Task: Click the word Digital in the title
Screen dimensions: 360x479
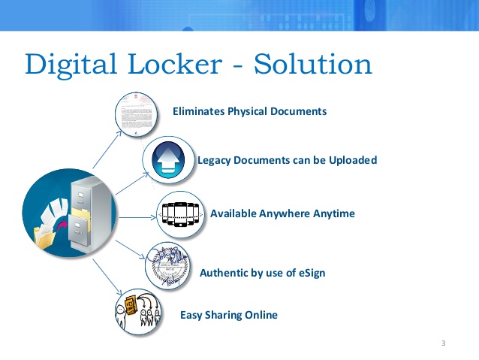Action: coord(70,65)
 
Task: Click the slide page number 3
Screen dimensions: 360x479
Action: coord(444,343)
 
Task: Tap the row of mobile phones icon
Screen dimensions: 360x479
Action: coord(180,213)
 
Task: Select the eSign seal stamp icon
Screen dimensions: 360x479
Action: coord(167,266)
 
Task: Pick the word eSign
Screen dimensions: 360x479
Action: coord(310,272)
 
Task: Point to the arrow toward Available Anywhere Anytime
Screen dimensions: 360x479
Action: coord(135,217)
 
